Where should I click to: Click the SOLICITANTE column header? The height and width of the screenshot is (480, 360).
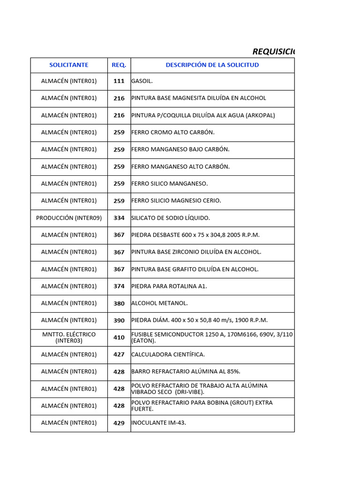coord(69,65)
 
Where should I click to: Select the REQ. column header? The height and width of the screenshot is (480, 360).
coord(119,65)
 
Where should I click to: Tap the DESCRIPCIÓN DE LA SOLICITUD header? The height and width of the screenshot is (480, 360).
coord(212,65)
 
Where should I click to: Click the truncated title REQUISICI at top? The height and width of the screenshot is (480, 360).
coord(273,51)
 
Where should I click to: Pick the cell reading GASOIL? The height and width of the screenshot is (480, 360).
coord(142,81)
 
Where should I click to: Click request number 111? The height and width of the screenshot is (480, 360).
coord(119,81)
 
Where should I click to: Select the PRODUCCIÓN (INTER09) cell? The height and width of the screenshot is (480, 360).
coord(69,218)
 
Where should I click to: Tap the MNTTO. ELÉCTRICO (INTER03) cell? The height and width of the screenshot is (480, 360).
coord(69,337)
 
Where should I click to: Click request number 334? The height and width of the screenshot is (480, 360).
coord(119,218)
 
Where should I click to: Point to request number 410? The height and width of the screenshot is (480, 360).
coord(119,337)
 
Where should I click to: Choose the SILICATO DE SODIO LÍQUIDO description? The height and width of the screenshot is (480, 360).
coord(171,218)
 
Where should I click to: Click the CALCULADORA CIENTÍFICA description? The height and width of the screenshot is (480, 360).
coord(168,354)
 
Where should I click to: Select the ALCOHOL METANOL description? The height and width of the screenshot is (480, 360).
coord(159,303)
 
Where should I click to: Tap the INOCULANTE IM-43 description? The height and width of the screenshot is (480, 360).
coord(158,423)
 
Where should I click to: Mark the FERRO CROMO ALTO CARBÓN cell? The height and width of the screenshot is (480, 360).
coord(172,132)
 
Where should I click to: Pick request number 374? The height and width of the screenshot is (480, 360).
coord(119,286)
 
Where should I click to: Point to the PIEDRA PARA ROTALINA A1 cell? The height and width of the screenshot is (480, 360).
coord(169,286)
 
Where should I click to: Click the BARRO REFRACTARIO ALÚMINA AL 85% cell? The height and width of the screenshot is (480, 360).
coord(186,372)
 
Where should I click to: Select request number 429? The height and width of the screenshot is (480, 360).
coord(119,423)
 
